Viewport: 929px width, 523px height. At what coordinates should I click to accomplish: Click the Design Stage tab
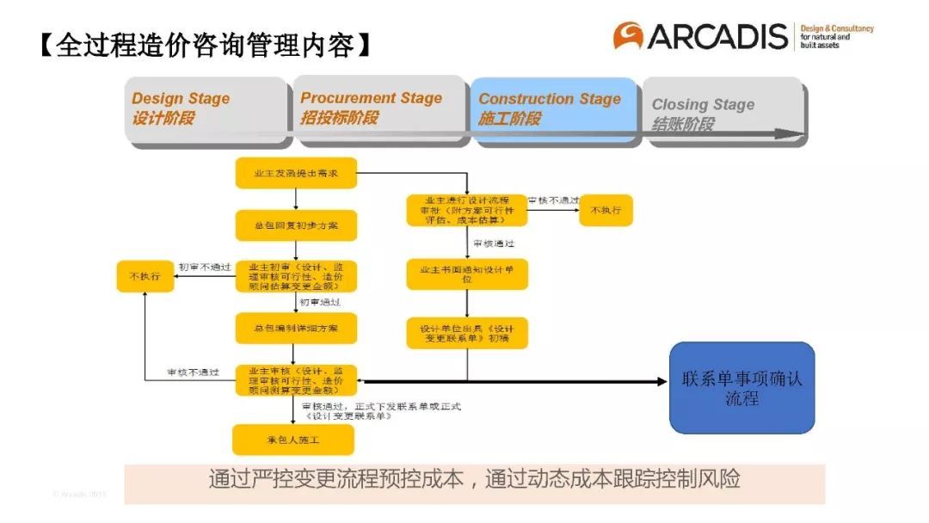click(206, 109)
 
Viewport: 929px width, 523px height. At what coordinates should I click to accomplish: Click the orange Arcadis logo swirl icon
click(628, 35)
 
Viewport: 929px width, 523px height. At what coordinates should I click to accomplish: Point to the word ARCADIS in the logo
click(717, 36)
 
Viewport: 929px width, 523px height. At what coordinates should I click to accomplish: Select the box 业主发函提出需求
click(295, 173)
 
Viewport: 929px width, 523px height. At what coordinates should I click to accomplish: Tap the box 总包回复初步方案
click(295, 225)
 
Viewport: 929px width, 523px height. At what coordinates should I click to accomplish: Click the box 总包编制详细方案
click(295, 328)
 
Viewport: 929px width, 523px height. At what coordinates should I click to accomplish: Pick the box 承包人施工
click(293, 440)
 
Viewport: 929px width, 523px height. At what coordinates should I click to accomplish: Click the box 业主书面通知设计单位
click(467, 274)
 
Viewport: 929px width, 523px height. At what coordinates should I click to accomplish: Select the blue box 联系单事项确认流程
click(741, 388)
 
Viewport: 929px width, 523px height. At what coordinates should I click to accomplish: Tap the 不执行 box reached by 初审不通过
click(145, 276)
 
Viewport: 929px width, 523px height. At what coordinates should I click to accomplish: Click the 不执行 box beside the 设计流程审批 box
click(606, 210)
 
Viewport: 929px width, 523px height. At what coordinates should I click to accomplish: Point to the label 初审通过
click(320, 302)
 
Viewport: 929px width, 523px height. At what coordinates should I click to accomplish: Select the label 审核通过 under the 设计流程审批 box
click(494, 243)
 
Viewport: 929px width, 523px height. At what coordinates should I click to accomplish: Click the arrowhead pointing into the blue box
click(661, 381)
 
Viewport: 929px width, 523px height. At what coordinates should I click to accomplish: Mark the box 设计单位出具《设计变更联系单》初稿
click(467, 333)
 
